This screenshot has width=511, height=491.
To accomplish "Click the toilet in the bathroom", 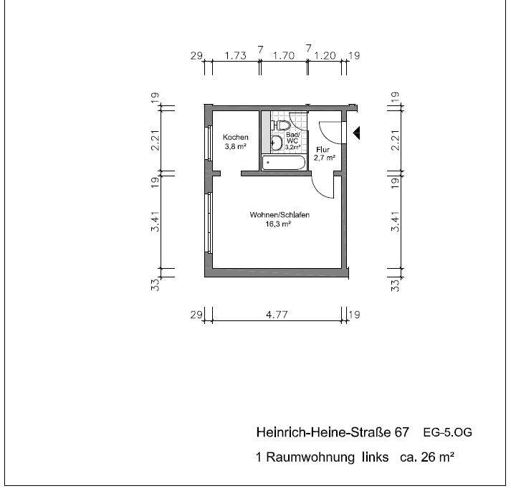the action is [281, 125].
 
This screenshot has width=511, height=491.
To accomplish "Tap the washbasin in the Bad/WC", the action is [277, 143].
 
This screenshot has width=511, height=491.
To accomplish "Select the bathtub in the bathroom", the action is [284, 163].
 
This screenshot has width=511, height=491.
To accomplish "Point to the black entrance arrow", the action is [356, 133].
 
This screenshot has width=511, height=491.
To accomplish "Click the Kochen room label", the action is [235, 137].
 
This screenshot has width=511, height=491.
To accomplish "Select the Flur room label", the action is [323, 150].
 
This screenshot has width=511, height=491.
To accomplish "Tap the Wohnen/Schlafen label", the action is [280, 215].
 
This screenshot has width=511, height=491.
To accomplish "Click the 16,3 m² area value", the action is [278, 224].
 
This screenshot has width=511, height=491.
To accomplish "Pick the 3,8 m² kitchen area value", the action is [235, 146].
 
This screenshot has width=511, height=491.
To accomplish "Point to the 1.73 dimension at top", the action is [235, 56].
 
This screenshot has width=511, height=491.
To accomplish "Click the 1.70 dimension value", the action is [284, 56].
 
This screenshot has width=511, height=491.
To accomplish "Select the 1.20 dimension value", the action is [325, 56].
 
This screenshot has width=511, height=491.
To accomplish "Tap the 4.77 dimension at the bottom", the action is [277, 315].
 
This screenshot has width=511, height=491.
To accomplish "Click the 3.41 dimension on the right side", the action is [395, 221].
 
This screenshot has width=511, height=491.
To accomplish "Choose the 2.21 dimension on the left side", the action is [156, 140].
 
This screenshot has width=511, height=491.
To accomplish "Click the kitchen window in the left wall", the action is [209, 143].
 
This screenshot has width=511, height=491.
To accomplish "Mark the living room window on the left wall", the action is [209, 222].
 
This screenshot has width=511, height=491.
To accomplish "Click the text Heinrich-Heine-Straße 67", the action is [333, 432].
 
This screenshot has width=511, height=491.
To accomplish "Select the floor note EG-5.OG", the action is [447, 433].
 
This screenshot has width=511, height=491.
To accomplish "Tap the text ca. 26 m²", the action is [427, 457].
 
